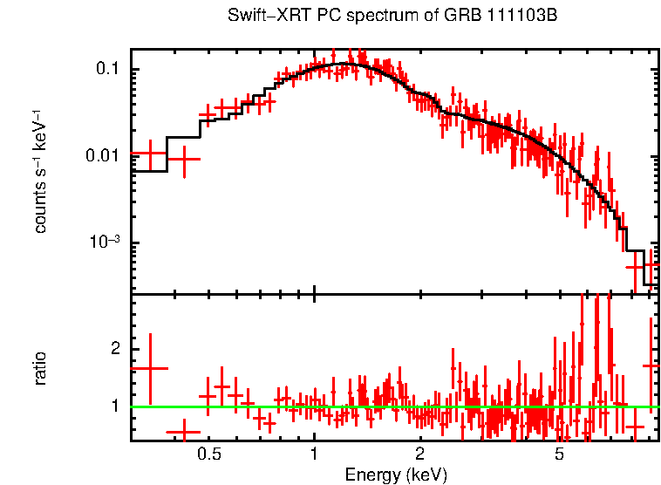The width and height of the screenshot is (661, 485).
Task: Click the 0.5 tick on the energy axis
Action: point(208,455)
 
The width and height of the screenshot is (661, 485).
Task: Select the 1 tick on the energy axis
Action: point(314,455)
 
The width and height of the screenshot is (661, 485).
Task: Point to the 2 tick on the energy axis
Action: point(419,455)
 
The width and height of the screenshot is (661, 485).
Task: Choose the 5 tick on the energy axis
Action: point(560,455)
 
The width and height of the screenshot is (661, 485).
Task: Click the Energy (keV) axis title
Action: point(395,475)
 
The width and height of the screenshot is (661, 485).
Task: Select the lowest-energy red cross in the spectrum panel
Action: point(150,154)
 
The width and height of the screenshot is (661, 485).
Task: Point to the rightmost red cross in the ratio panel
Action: point(651,365)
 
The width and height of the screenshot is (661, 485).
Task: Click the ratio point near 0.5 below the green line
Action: point(184,432)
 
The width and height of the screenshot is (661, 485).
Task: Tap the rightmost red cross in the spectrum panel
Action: point(651,263)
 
